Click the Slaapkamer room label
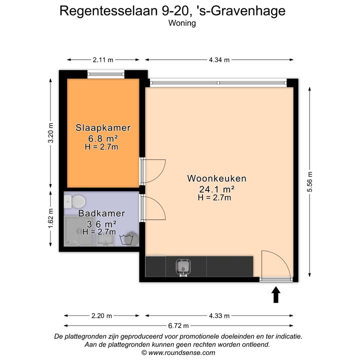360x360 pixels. [x=103, y=127]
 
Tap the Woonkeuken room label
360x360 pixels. [x=216, y=178]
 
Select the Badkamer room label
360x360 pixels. [x=101, y=213]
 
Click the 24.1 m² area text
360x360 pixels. [x=216, y=189]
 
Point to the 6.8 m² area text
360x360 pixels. [x=103, y=138]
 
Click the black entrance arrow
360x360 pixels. [x=275, y=294]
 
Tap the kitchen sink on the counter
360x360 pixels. [x=183, y=267]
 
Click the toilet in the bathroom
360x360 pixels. [x=74, y=202]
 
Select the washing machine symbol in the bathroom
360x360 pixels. [x=129, y=239]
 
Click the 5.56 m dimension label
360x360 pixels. [x=309, y=182]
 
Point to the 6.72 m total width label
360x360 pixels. [x=178, y=325]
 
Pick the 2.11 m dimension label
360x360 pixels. [x=103, y=60]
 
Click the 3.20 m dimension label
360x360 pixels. [x=50, y=132]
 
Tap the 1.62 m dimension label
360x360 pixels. [x=50, y=218]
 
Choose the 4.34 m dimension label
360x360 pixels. [x=219, y=60]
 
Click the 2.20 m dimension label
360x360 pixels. [x=101, y=316]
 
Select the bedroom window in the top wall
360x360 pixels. [x=106, y=74]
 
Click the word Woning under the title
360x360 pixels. [x=182, y=23]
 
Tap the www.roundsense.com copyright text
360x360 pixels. [x=178, y=352]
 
